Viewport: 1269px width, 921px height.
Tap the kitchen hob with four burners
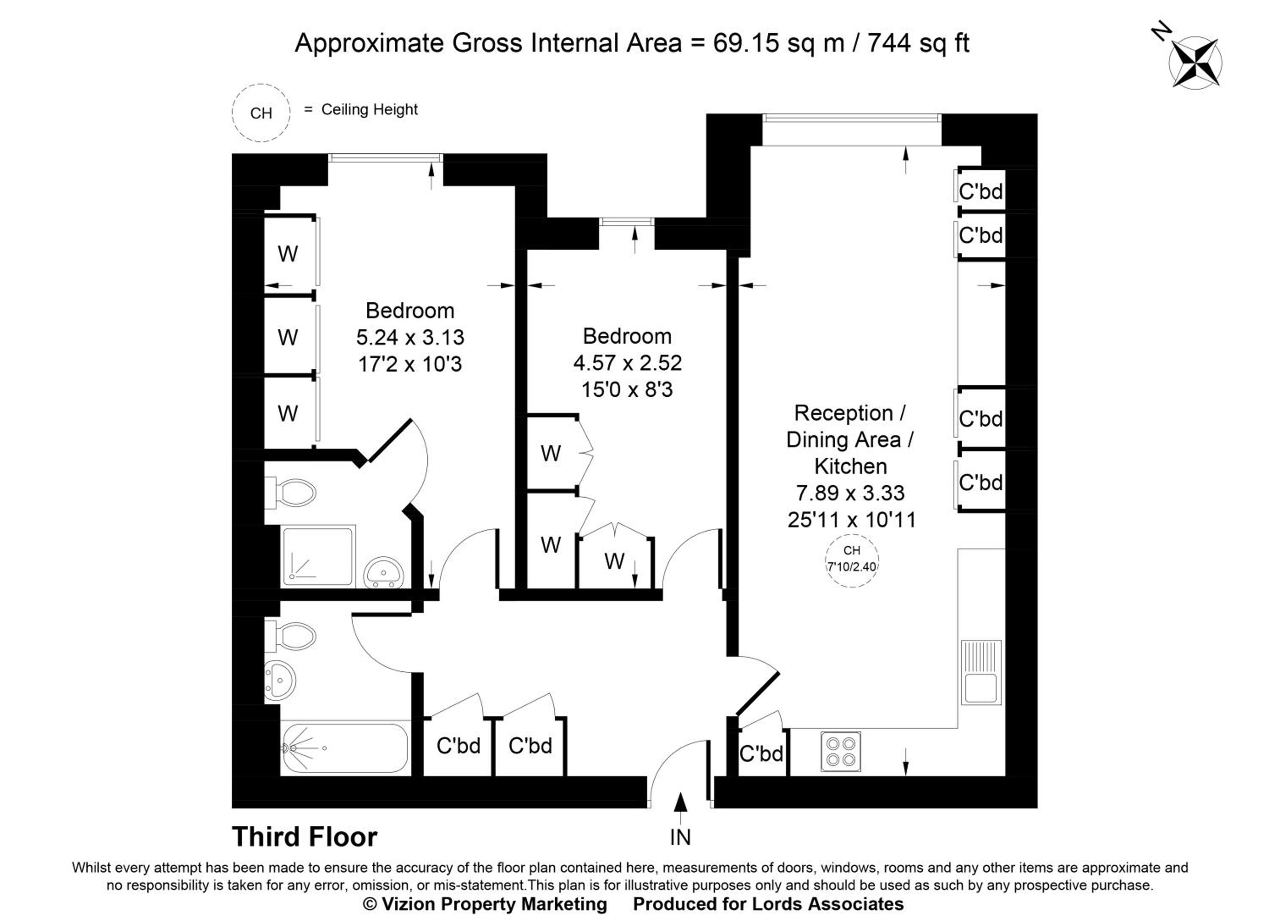click(841, 751)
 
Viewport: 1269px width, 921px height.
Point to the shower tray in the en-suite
click(318, 556)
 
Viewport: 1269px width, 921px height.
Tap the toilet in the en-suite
click(290, 493)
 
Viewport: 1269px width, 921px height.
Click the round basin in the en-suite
click(383, 573)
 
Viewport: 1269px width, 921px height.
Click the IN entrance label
click(680, 838)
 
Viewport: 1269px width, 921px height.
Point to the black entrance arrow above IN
click(680, 809)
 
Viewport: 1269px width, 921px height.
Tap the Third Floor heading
click(305, 837)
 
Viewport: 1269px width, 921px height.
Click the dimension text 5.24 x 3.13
click(410, 337)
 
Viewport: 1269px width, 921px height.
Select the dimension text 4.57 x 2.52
click(627, 363)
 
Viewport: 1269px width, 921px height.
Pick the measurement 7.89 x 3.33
click(851, 493)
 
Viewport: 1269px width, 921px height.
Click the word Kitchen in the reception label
click(851, 466)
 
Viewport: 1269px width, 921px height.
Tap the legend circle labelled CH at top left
click(261, 113)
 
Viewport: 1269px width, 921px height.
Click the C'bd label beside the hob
click(761, 753)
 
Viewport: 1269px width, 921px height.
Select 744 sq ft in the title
click(918, 43)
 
